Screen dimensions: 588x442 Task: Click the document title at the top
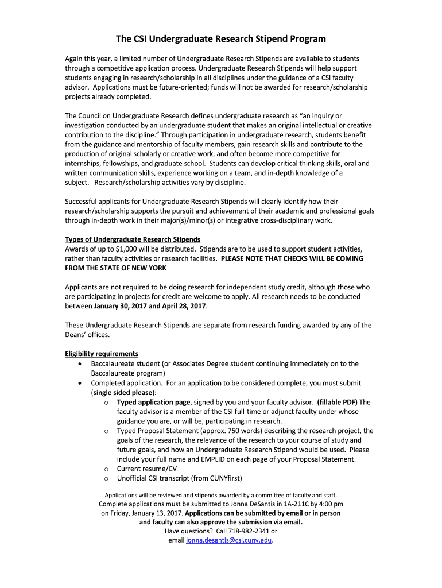(221, 39)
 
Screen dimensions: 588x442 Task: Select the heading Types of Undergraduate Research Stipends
(133, 239)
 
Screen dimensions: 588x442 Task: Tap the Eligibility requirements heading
(102, 353)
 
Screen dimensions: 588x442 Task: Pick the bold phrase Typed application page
(153, 402)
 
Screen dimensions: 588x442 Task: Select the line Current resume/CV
(147, 468)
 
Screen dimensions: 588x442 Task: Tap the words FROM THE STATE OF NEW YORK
(115, 268)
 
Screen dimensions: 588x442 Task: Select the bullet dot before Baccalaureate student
(79, 364)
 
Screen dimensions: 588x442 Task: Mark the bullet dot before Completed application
(79, 383)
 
